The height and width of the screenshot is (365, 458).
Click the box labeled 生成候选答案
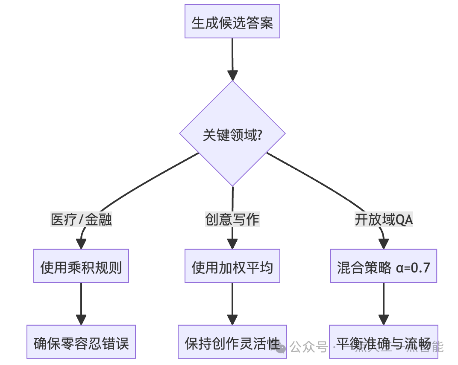(x=232, y=22)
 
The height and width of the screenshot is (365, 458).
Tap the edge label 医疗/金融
(x=81, y=220)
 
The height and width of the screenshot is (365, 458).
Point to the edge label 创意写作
(x=232, y=220)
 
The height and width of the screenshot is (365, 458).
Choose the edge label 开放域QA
(x=384, y=220)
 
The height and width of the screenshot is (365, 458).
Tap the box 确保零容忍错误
(x=81, y=343)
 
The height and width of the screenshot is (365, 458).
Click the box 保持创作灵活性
(x=232, y=343)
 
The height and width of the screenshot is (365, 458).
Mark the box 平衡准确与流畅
(x=384, y=343)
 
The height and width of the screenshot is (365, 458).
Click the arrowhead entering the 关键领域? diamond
(x=232, y=75)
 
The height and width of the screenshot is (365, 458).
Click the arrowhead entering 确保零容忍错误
(x=81, y=320)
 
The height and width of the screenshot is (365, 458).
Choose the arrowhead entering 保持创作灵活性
(x=232, y=320)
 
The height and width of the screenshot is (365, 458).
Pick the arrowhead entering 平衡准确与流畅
(x=384, y=320)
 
